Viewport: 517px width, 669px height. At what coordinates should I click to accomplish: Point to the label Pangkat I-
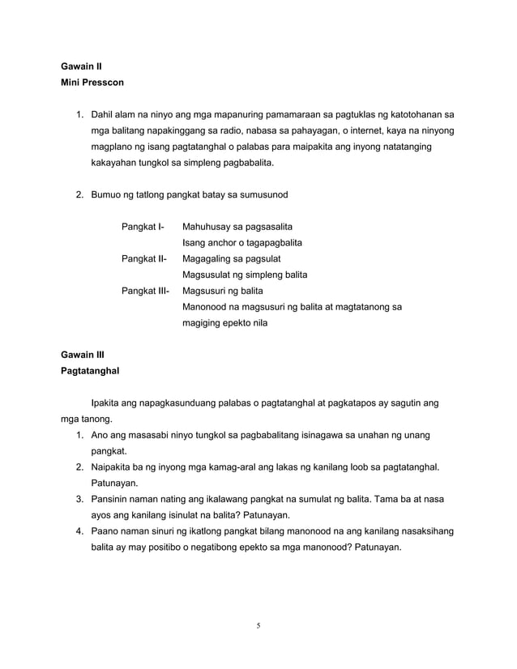click(143, 225)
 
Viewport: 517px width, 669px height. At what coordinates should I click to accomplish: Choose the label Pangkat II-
click(144, 258)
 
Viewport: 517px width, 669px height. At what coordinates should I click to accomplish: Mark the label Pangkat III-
click(146, 291)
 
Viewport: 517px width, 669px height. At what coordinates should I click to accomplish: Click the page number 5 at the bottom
click(258, 624)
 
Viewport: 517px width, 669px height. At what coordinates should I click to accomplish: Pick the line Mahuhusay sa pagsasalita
click(237, 225)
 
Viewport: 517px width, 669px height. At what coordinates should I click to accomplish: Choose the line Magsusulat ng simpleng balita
click(245, 275)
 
